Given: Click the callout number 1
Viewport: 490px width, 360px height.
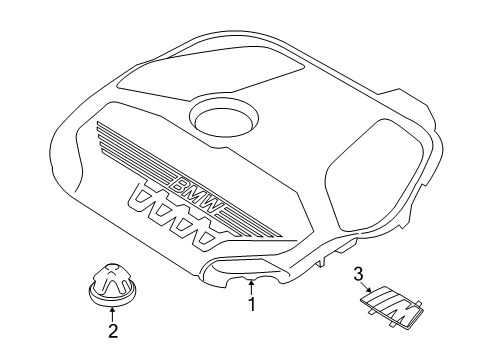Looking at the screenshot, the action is click(x=252, y=304).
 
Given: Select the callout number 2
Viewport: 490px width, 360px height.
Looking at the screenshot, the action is click(x=113, y=331).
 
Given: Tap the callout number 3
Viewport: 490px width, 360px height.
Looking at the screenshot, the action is click(x=358, y=275).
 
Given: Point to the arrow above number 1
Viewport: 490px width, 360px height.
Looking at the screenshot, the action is click(x=252, y=287).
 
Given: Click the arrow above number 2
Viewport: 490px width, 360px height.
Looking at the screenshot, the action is click(x=113, y=315).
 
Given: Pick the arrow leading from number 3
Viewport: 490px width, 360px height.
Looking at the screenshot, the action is click(x=367, y=287).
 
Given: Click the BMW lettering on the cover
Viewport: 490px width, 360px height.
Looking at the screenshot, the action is click(x=195, y=195).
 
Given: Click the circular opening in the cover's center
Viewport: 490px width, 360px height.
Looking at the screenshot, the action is click(x=223, y=117).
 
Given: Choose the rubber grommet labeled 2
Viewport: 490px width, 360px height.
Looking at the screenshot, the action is click(x=113, y=284).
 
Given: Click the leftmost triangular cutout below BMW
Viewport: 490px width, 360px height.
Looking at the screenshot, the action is click(x=144, y=197).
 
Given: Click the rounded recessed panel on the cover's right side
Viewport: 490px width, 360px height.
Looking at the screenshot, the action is click(x=375, y=174).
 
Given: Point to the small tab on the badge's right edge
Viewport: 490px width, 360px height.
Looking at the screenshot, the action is click(x=419, y=302).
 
